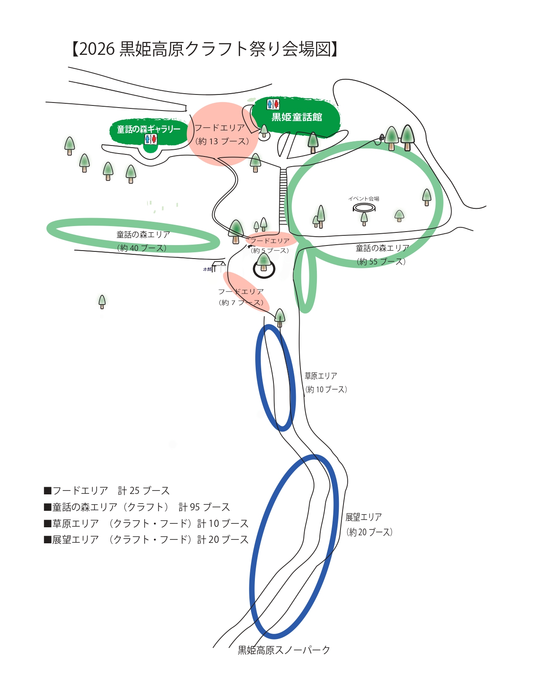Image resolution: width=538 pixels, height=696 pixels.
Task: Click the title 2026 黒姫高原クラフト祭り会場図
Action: point(205,49)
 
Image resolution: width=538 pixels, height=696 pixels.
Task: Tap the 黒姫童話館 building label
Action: point(297,117)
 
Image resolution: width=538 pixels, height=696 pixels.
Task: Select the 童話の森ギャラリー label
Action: point(149,129)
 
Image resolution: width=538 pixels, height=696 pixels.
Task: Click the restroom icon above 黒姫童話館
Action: point(273,104)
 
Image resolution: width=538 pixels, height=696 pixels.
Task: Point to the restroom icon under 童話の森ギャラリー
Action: point(151,139)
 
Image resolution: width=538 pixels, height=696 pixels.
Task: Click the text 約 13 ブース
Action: point(222,141)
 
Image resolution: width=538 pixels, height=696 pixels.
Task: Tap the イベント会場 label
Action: point(364,199)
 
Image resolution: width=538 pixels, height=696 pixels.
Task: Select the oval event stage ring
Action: point(364,208)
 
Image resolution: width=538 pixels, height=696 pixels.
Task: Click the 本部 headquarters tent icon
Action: point(219,266)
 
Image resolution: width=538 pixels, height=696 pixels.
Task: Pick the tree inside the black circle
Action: point(264,262)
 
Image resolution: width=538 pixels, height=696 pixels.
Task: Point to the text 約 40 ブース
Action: point(142,248)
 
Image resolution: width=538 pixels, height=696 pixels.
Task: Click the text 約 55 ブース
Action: point(381,262)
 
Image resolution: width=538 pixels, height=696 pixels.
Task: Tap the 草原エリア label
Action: point(321,376)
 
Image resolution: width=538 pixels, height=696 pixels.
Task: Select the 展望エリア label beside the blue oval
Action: point(363,517)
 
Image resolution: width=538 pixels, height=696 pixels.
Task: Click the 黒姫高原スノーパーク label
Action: point(284,650)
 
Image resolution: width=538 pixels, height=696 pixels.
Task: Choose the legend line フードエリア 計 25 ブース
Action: point(107,491)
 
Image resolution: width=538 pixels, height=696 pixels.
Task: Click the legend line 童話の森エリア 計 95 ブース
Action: point(137,507)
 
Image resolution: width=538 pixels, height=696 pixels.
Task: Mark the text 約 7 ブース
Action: point(241,302)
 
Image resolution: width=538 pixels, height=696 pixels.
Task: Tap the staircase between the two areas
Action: point(283,196)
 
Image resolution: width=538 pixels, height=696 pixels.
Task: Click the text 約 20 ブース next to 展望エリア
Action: point(370,532)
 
